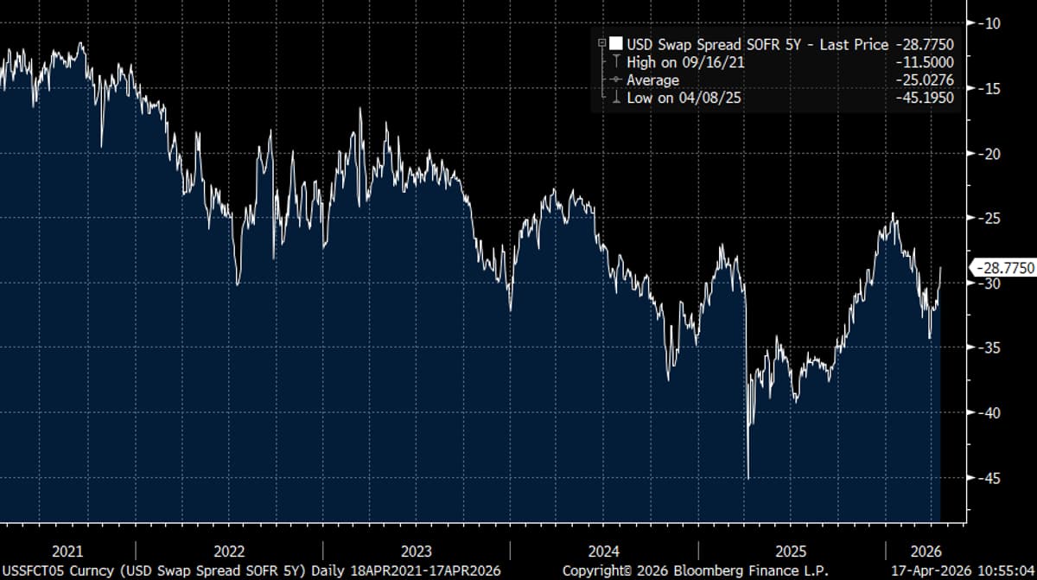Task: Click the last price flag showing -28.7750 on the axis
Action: point(1003,269)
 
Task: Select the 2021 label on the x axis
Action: point(67,551)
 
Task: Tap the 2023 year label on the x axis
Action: point(416,551)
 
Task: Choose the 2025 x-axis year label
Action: point(791,551)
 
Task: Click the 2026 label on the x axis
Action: point(925,551)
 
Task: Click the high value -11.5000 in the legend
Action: point(926,62)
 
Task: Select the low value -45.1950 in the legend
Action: point(926,99)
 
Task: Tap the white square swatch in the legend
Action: point(615,44)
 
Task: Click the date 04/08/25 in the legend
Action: point(712,99)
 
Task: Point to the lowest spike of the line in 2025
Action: point(748,477)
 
